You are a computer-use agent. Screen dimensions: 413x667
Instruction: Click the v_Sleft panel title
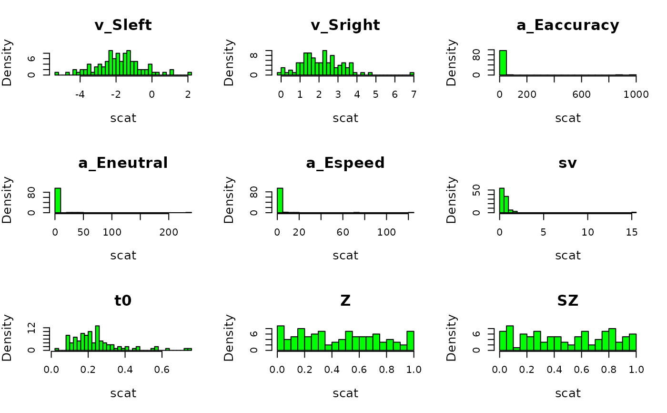[123, 25]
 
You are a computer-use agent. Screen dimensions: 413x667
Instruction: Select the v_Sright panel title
[345, 25]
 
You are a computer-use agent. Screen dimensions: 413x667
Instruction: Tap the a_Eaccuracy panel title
[567, 25]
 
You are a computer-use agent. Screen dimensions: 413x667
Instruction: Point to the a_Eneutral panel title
[123, 163]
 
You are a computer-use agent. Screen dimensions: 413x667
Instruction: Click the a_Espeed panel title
[345, 163]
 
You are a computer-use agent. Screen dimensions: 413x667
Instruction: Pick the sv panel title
[567, 163]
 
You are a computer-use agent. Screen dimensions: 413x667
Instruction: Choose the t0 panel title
[123, 301]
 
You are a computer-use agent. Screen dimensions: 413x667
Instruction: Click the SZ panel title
[567, 301]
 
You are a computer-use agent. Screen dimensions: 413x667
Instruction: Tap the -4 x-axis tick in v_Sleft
[80, 94]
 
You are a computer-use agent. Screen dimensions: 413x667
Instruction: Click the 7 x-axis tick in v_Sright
[414, 94]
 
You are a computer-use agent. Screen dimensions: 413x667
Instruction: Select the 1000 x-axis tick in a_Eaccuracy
[636, 94]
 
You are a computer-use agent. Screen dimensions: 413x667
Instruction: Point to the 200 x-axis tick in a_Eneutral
[169, 232]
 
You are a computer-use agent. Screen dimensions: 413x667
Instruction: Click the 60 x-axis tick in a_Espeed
[343, 232]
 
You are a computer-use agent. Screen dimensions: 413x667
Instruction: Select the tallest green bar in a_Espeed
[280, 200]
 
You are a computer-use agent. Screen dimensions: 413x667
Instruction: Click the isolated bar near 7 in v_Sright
[412, 73]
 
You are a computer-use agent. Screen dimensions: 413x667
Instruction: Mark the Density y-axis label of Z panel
[229, 337]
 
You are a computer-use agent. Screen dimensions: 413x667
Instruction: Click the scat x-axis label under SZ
[567, 393]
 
